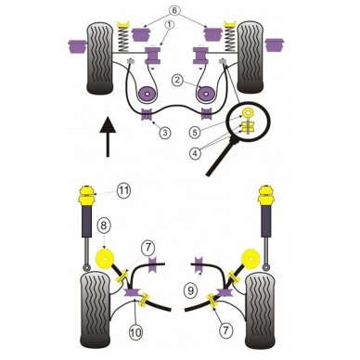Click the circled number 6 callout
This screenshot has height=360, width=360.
coord(174,11)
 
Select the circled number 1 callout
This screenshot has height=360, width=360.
coord(170,25)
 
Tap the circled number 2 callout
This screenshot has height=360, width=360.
coord(177,80)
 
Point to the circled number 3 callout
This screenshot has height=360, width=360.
coord(165,133)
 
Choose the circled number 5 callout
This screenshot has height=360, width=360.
coord(195,133)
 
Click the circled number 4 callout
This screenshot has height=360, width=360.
coord(195,153)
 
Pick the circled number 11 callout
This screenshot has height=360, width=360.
coord(123,190)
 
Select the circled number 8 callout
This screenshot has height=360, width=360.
coord(104,225)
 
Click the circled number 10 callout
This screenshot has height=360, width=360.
coord(135,332)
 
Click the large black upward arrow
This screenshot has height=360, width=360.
coord(108,136)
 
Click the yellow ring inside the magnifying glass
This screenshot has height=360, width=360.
coord(248,112)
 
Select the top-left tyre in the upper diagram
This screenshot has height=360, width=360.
coord(99,58)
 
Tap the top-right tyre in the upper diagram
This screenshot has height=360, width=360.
coord(250,58)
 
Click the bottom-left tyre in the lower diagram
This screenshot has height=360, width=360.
coord(96,310)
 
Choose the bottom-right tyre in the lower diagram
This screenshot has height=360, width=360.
coord(260,311)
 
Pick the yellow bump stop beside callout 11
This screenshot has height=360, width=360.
coord(87,196)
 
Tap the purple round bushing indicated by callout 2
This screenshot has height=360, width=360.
coord(148,94)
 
